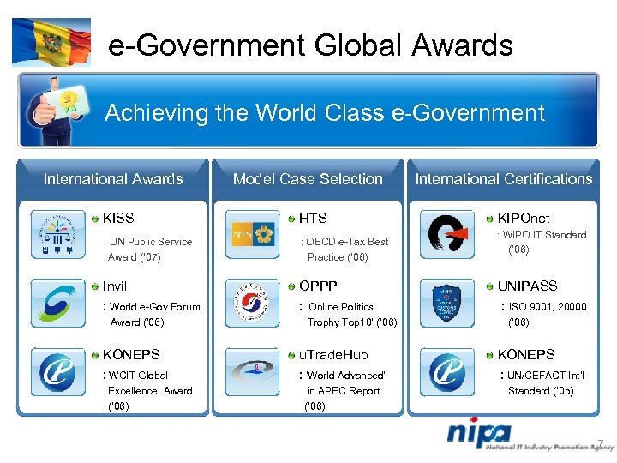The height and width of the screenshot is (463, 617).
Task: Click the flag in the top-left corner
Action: [51, 41]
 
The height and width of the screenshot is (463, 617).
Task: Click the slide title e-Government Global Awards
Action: [310, 45]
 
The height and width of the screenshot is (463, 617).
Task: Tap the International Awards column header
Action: [113, 179]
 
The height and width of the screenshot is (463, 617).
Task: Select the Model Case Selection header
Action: [308, 179]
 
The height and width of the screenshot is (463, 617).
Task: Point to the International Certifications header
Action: [504, 179]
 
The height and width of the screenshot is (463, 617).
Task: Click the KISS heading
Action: [118, 219]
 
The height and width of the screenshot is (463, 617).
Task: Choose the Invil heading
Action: [115, 286]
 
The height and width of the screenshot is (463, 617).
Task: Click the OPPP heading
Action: [317, 286]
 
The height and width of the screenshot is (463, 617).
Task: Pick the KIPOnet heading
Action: [524, 219]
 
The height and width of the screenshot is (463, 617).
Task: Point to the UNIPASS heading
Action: [527, 286]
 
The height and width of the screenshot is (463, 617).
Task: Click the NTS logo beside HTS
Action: [254, 235]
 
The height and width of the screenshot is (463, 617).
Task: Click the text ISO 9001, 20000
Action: [548, 306]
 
